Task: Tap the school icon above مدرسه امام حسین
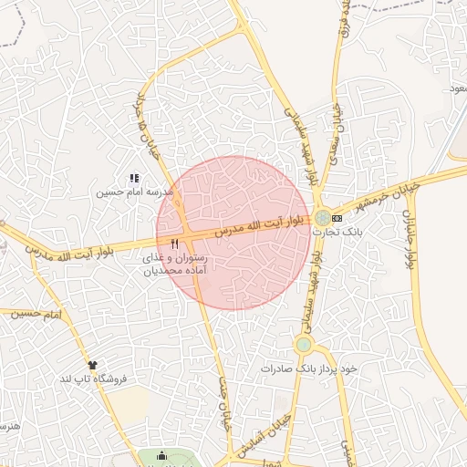pos(133,179)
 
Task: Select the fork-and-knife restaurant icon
pos(174,244)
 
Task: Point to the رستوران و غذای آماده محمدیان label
pos(175,265)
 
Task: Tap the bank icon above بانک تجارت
pos(337,218)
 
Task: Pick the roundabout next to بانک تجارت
pos(323,218)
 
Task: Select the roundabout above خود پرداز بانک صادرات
pos(303,345)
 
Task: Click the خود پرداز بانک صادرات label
pos(310,368)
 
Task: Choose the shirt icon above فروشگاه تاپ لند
pos(91,364)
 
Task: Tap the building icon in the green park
pos(162,456)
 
